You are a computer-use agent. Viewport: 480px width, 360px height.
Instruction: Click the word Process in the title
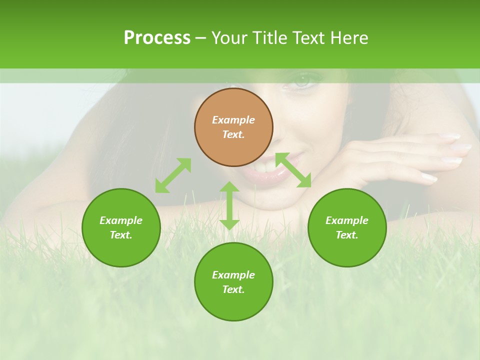(157, 38)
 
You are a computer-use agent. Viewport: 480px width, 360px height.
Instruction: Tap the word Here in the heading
(348, 38)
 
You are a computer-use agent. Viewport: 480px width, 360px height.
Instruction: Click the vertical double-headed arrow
(229, 205)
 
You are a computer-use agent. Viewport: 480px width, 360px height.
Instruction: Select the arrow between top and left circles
(173, 175)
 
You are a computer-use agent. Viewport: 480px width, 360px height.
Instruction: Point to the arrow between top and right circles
(293, 170)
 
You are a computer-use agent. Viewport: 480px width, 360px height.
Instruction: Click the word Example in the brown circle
(233, 120)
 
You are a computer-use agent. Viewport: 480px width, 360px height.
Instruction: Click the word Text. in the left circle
(121, 235)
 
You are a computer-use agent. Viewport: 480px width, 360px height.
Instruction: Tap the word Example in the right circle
(347, 220)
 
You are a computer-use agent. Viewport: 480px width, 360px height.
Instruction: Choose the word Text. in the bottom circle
(233, 289)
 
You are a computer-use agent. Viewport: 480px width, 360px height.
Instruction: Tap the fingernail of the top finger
(451, 136)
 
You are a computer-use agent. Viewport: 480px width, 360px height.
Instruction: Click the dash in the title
(201, 38)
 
